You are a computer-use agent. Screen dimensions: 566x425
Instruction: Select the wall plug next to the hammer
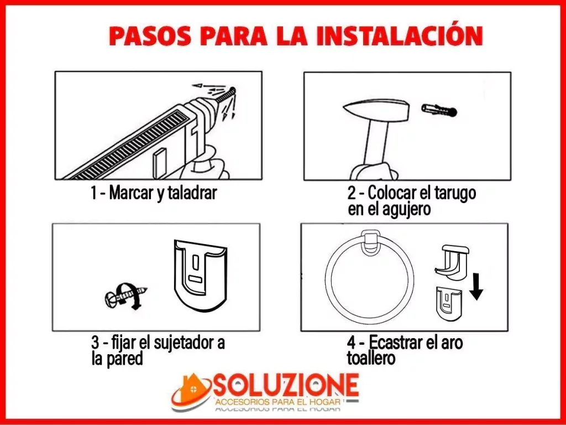pos(439,110)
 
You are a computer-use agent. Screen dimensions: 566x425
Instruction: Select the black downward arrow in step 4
pos(476,287)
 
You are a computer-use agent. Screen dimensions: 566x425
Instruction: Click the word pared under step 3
pos(122,359)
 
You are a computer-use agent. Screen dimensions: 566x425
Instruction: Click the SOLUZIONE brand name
pos(286,385)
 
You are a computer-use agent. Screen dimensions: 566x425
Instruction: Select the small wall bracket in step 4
pos(449,303)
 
